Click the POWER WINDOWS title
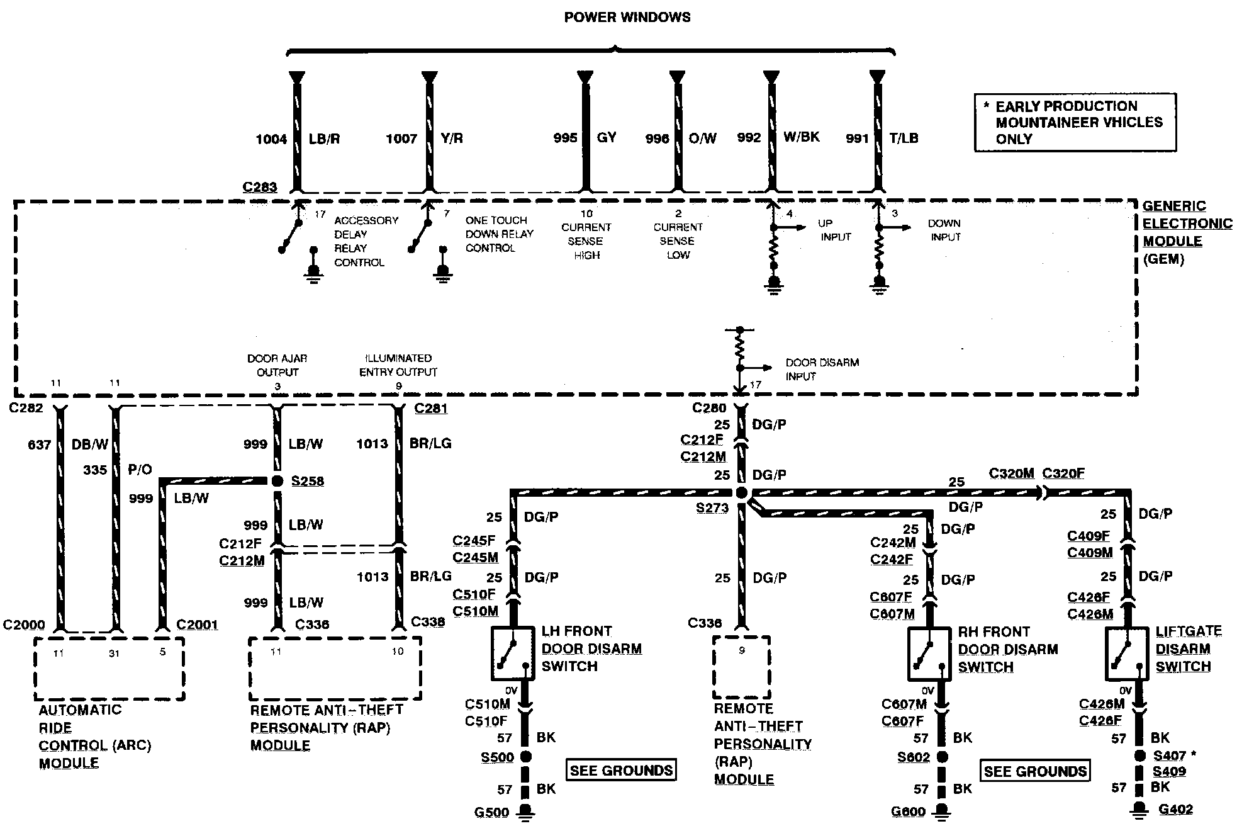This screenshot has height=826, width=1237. (627, 18)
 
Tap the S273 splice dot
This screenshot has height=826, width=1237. (741, 493)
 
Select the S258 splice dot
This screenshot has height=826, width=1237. (277, 481)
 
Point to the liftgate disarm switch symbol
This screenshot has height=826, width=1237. (1127, 653)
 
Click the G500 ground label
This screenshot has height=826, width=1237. (491, 812)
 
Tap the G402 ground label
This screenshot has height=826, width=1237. (1175, 810)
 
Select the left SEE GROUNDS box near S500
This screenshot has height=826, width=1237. (621, 771)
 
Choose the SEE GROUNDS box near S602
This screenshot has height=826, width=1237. (1035, 771)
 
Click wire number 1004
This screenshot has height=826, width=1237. (271, 139)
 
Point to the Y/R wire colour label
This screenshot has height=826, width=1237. (452, 139)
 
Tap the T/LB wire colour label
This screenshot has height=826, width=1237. (904, 138)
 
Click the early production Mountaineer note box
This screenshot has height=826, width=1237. (1075, 122)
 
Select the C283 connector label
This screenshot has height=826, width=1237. (259, 187)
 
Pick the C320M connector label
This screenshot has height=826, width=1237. (1011, 473)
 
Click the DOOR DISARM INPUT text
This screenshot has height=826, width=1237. (821, 370)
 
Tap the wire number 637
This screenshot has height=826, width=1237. (39, 445)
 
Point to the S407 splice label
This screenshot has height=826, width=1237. (1169, 755)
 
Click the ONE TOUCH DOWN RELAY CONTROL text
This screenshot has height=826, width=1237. (499, 234)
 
